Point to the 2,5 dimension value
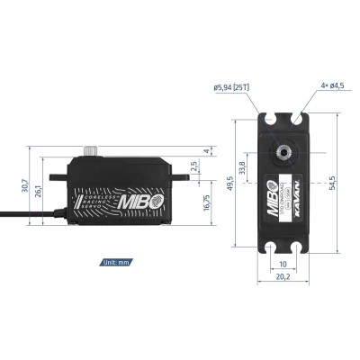[x=194, y=165]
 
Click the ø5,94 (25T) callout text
[x=233, y=87]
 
